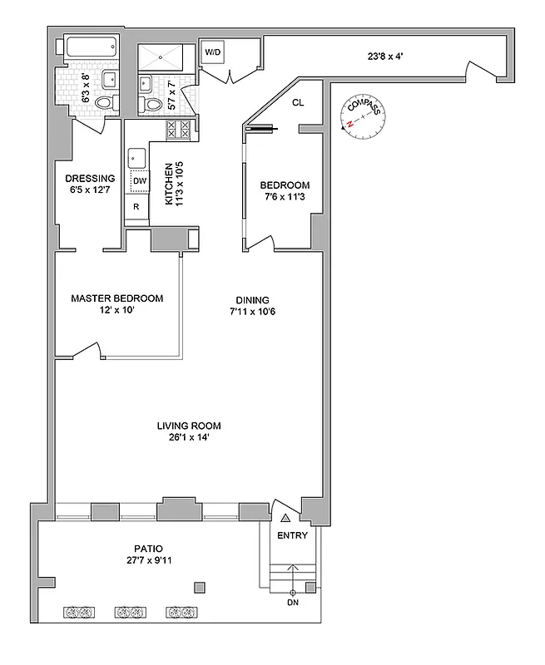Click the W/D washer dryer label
[214, 52]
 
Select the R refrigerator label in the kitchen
[136, 207]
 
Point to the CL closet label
[297, 103]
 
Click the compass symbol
[363, 117]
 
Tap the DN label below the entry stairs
[292, 602]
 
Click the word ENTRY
[292, 535]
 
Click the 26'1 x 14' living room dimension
[189, 438]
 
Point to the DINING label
[252, 300]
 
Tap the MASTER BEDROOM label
[116, 298]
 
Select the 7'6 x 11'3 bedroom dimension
[285, 197]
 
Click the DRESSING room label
[90, 178]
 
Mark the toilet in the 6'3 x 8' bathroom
[105, 102]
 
